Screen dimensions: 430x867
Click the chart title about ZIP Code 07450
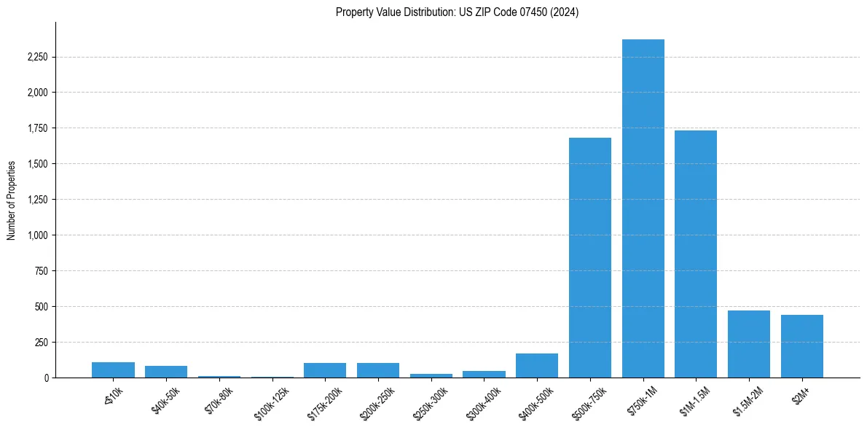tap(457, 12)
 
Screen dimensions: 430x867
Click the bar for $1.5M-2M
tap(749, 344)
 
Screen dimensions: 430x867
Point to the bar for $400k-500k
tap(537, 365)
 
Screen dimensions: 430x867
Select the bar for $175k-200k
tap(325, 370)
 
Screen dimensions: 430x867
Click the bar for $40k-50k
tap(166, 372)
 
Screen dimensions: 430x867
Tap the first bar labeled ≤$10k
tap(113, 370)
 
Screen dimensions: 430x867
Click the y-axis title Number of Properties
tap(12, 200)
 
